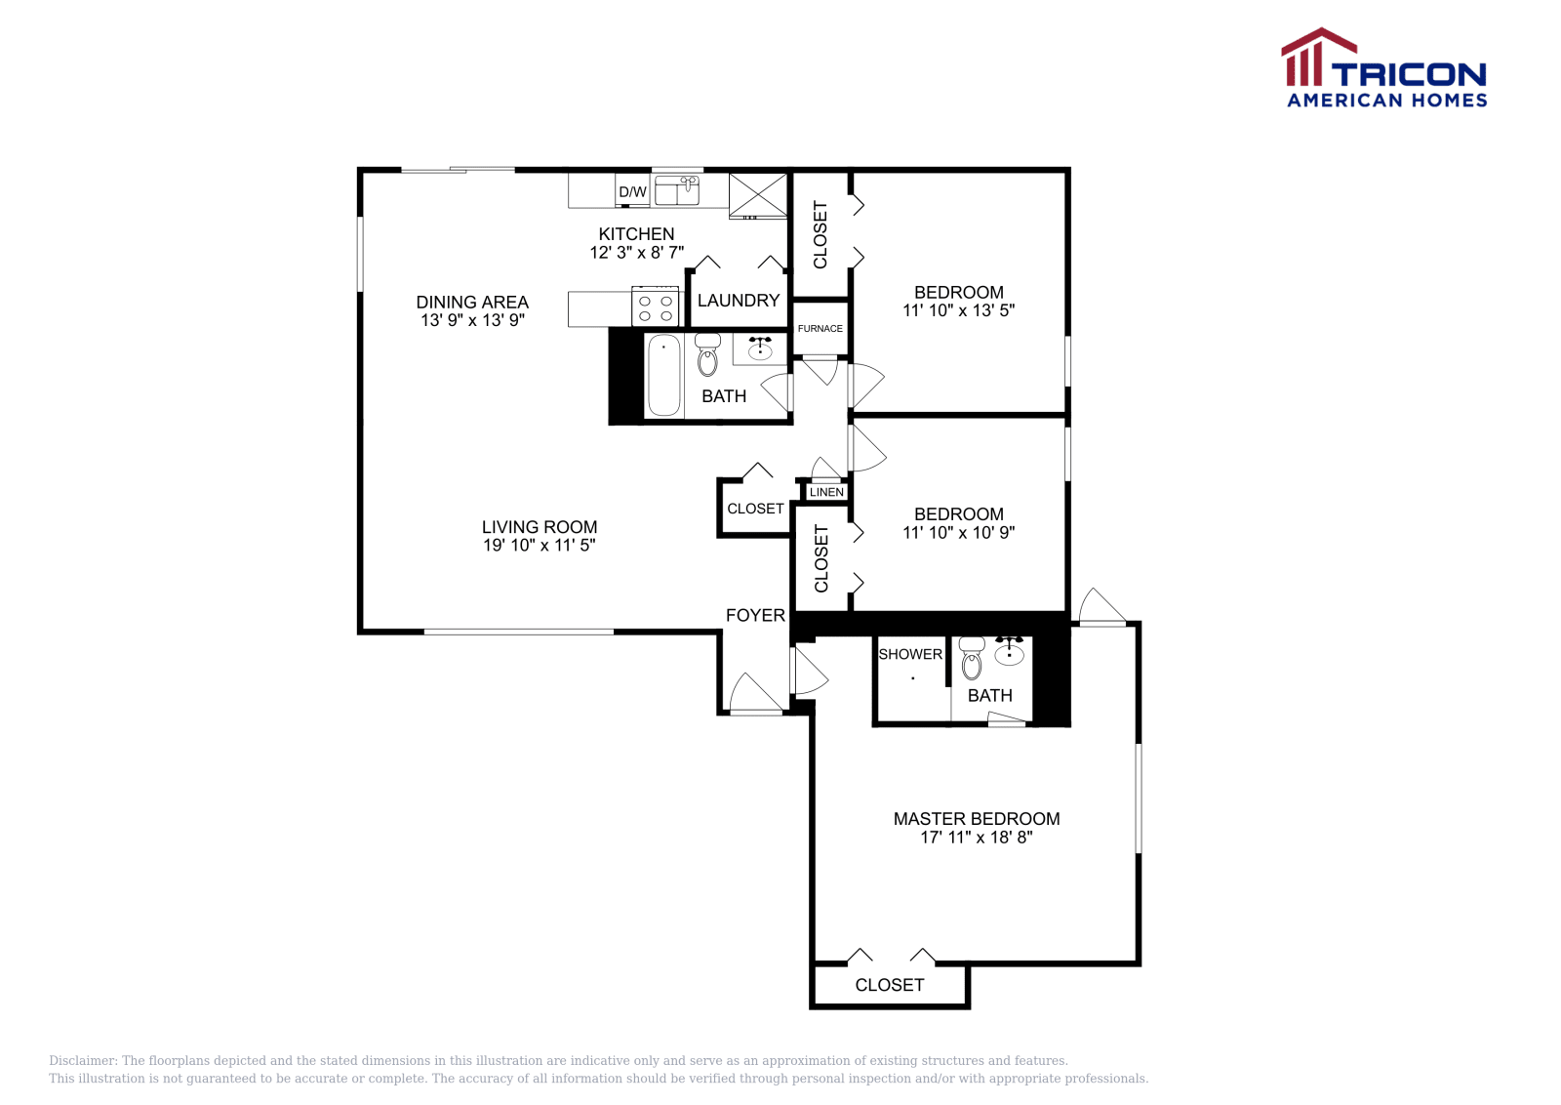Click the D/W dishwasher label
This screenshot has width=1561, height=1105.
[x=632, y=192]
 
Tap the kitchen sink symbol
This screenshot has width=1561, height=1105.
[x=677, y=190]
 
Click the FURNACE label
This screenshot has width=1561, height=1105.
[x=820, y=329]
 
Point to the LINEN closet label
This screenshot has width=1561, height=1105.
[x=826, y=492]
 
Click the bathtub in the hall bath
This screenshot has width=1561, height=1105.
[x=663, y=376]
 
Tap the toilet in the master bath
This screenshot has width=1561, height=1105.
[x=972, y=659]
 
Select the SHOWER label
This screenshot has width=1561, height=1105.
[x=910, y=654]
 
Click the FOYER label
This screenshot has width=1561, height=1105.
[x=755, y=615]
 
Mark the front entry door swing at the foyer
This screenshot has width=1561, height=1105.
[x=753, y=694]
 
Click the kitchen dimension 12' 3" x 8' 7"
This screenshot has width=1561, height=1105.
[x=636, y=253]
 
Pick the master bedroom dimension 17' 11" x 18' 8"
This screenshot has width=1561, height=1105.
[x=976, y=838]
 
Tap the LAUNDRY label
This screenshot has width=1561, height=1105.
[x=739, y=301]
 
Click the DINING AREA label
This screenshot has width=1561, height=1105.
[x=472, y=303]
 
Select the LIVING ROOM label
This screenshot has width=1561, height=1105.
[x=540, y=527]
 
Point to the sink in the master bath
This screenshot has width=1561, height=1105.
[x=1009, y=653]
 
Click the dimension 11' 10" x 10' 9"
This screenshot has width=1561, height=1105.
[x=958, y=533]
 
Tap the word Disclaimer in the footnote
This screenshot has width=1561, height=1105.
[x=82, y=1061]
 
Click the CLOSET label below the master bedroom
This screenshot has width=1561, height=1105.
[x=889, y=986]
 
